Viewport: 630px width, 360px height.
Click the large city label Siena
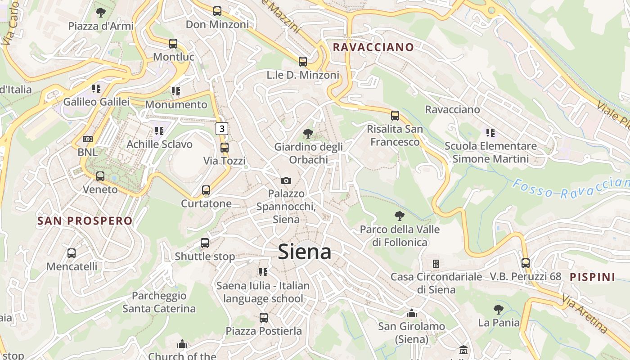[x=305, y=252]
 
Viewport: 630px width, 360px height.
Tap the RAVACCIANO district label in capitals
[x=373, y=47]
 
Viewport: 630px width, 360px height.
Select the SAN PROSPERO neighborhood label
[x=85, y=221]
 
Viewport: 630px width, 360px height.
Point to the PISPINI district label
[x=592, y=277]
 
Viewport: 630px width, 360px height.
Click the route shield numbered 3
[x=221, y=129]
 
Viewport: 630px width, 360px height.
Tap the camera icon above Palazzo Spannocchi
[x=286, y=180]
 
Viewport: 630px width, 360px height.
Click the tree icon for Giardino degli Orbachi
[x=308, y=133]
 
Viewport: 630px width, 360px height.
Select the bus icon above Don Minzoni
[x=217, y=11]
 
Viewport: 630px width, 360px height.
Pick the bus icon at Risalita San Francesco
[x=395, y=116]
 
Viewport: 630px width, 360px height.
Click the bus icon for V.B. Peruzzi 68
[x=525, y=263]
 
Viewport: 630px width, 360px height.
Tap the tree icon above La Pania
[x=498, y=310]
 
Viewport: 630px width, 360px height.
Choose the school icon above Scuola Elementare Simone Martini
[x=490, y=133]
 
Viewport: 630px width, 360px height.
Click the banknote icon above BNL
[x=88, y=139]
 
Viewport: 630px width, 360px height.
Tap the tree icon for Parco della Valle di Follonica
[x=399, y=216]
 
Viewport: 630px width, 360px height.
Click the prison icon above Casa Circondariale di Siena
[x=436, y=264]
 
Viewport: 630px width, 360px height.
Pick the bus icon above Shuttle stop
[x=205, y=243]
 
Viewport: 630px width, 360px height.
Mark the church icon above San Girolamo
[x=411, y=313]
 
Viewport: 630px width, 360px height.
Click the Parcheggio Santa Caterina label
[x=159, y=302]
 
